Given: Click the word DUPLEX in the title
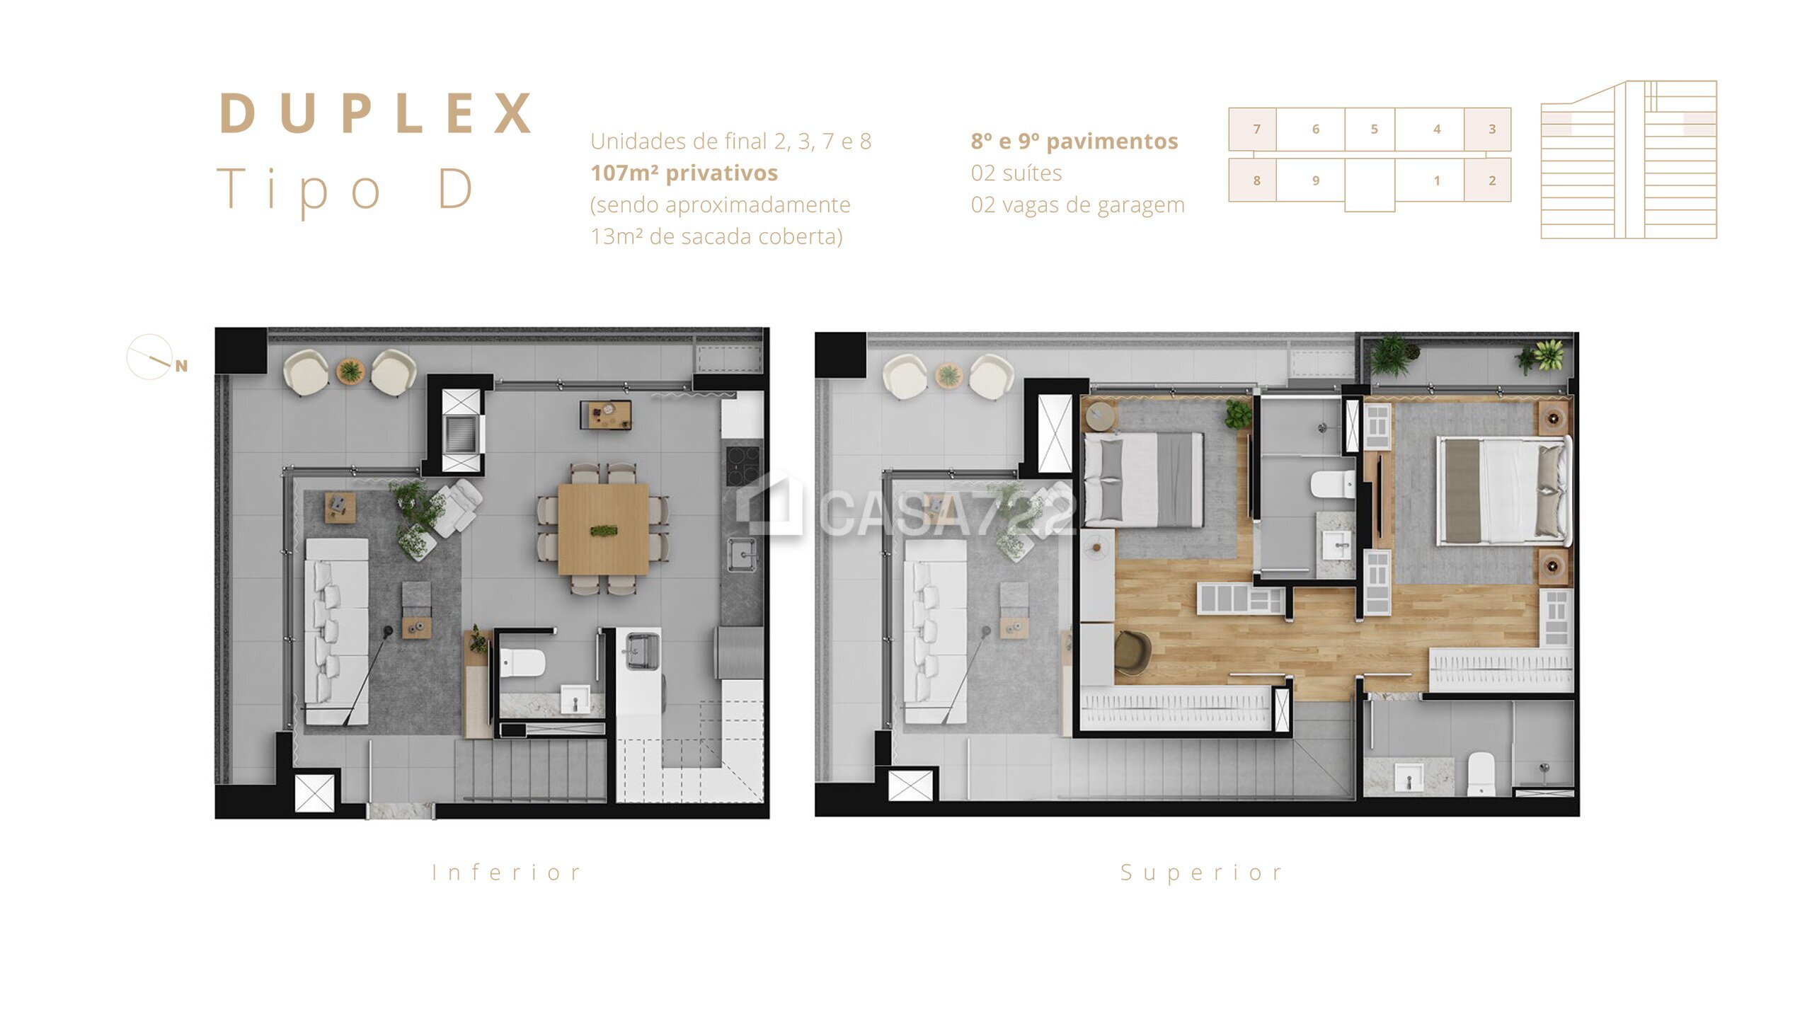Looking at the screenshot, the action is tap(376, 113).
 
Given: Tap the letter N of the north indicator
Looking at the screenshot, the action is tap(182, 366).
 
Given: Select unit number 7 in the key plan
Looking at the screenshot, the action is tap(1256, 129).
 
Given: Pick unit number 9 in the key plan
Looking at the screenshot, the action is tap(1316, 180).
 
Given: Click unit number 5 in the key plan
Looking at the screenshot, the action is tap(1375, 129).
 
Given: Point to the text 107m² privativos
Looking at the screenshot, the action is tap(684, 173).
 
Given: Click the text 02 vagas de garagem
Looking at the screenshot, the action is tap(1078, 205).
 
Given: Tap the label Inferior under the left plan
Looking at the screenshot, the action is tap(507, 873).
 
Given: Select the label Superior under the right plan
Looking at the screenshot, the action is tap(1201, 873).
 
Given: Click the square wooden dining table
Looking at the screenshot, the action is tap(603, 529).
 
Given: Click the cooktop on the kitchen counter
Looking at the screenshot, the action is tap(743, 465).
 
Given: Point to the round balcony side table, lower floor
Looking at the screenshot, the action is tap(350, 371).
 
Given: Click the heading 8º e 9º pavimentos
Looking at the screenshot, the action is tap(1074, 142).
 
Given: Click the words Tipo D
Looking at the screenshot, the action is tap(345, 189).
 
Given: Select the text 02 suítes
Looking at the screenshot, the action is tap(1016, 173).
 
